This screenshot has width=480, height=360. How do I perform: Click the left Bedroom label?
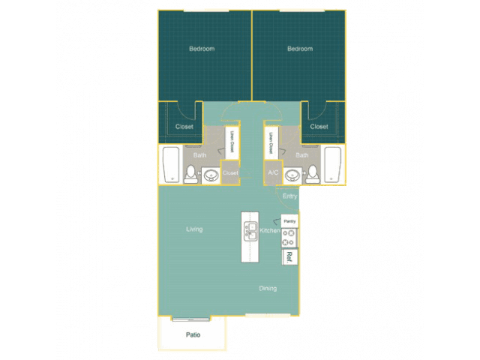click(x=202, y=49)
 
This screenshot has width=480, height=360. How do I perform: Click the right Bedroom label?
click(x=300, y=49)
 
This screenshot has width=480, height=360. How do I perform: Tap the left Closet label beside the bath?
click(x=184, y=127)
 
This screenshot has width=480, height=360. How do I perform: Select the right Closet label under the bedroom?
click(x=319, y=127)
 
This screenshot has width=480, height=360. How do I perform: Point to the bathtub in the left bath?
click(x=171, y=165)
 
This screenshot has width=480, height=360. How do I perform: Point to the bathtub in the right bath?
click(x=333, y=165)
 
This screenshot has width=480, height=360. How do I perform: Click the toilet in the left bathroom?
click(x=191, y=174)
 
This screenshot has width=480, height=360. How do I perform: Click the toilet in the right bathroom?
click(x=313, y=174)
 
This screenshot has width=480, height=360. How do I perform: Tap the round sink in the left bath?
click(x=211, y=175)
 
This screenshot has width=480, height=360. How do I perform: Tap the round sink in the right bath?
click(x=292, y=175)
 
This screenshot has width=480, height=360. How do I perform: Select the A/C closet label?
click(x=273, y=172)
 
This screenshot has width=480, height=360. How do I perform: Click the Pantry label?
click(x=289, y=221)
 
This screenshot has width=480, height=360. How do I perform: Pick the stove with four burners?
click(x=289, y=238)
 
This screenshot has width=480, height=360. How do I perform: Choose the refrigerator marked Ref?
click(x=289, y=257)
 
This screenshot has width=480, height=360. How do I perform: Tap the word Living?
click(x=194, y=229)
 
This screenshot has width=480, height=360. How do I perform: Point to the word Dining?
click(x=268, y=288)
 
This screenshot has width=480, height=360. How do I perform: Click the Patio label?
click(x=193, y=335)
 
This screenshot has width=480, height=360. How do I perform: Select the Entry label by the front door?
click(x=289, y=196)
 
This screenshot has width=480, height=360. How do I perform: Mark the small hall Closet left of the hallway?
click(x=230, y=172)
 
